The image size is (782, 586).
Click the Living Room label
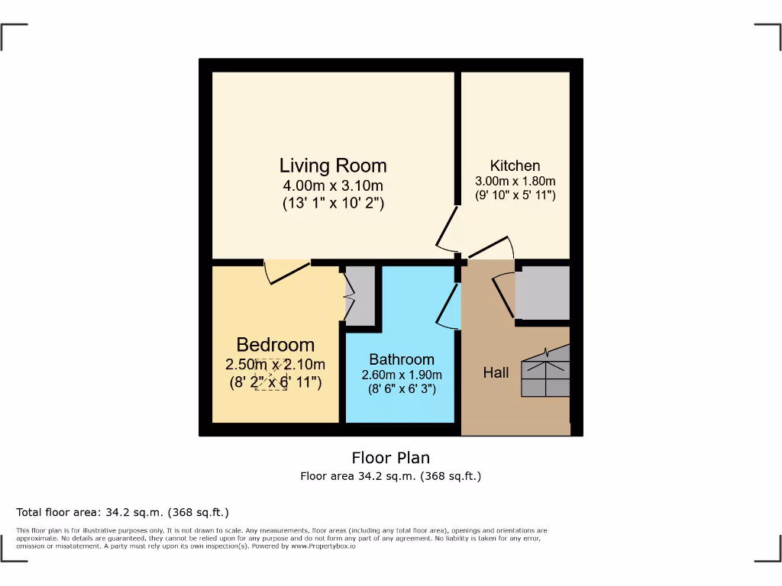333,166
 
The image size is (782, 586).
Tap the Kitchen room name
515,166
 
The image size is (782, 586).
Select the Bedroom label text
275,345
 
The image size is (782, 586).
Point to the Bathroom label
402,359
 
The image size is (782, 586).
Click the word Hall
496,373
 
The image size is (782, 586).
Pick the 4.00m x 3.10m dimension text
333,185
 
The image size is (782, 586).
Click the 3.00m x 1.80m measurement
515,181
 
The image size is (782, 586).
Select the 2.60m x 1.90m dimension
402,375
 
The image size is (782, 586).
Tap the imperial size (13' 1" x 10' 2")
333,203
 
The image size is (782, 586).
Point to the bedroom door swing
286,272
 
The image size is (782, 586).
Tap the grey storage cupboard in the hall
543,292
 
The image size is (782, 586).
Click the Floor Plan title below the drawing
390,458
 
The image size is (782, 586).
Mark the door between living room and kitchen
447,227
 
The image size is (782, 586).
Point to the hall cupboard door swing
504,294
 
